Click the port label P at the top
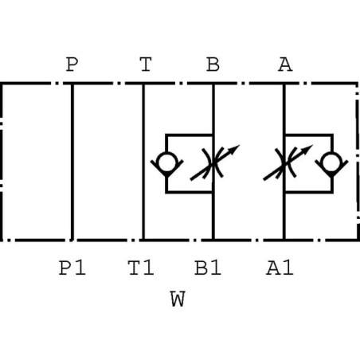(x=72, y=65)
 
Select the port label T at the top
(x=146, y=65)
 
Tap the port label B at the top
(x=213, y=65)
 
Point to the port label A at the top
(x=285, y=65)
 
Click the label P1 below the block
(x=72, y=268)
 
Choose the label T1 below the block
(x=141, y=268)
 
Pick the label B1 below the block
(x=208, y=268)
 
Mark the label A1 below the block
(x=280, y=268)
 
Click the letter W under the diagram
(x=178, y=299)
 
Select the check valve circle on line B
(x=166, y=162)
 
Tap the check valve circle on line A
(x=331, y=162)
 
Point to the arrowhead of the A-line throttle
(x=307, y=149)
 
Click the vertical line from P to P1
(x=72, y=162)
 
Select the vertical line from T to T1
(x=143, y=162)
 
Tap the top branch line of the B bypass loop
(x=190, y=135)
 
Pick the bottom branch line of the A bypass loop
(x=309, y=192)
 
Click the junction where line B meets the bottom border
(x=213, y=240)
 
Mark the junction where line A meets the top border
(x=284, y=84)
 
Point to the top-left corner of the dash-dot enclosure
(x=1, y=84)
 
